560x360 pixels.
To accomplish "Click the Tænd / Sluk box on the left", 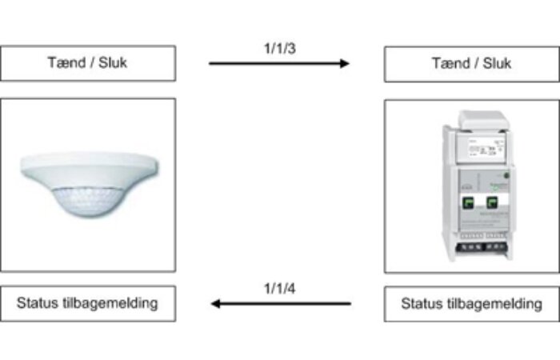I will coord(88,63).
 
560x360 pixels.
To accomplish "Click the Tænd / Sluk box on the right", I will coord(470,64).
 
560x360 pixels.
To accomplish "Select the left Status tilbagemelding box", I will coord(88,303).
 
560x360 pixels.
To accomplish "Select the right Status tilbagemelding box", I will coord(470,304).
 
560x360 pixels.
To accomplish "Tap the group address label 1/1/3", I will coord(278,47).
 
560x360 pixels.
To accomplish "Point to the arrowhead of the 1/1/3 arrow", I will coord(345,63).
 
